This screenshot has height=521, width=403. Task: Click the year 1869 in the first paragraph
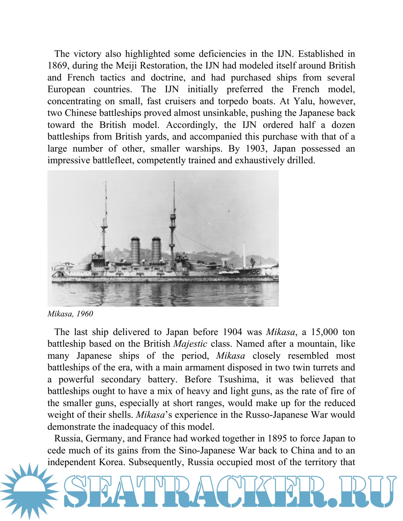(x=58, y=66)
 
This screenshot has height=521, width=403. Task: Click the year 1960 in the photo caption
(x=85, y=314)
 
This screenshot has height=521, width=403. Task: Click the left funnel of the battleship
(x=135, y=251)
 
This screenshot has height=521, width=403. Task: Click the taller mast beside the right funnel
(x=173, y=221)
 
